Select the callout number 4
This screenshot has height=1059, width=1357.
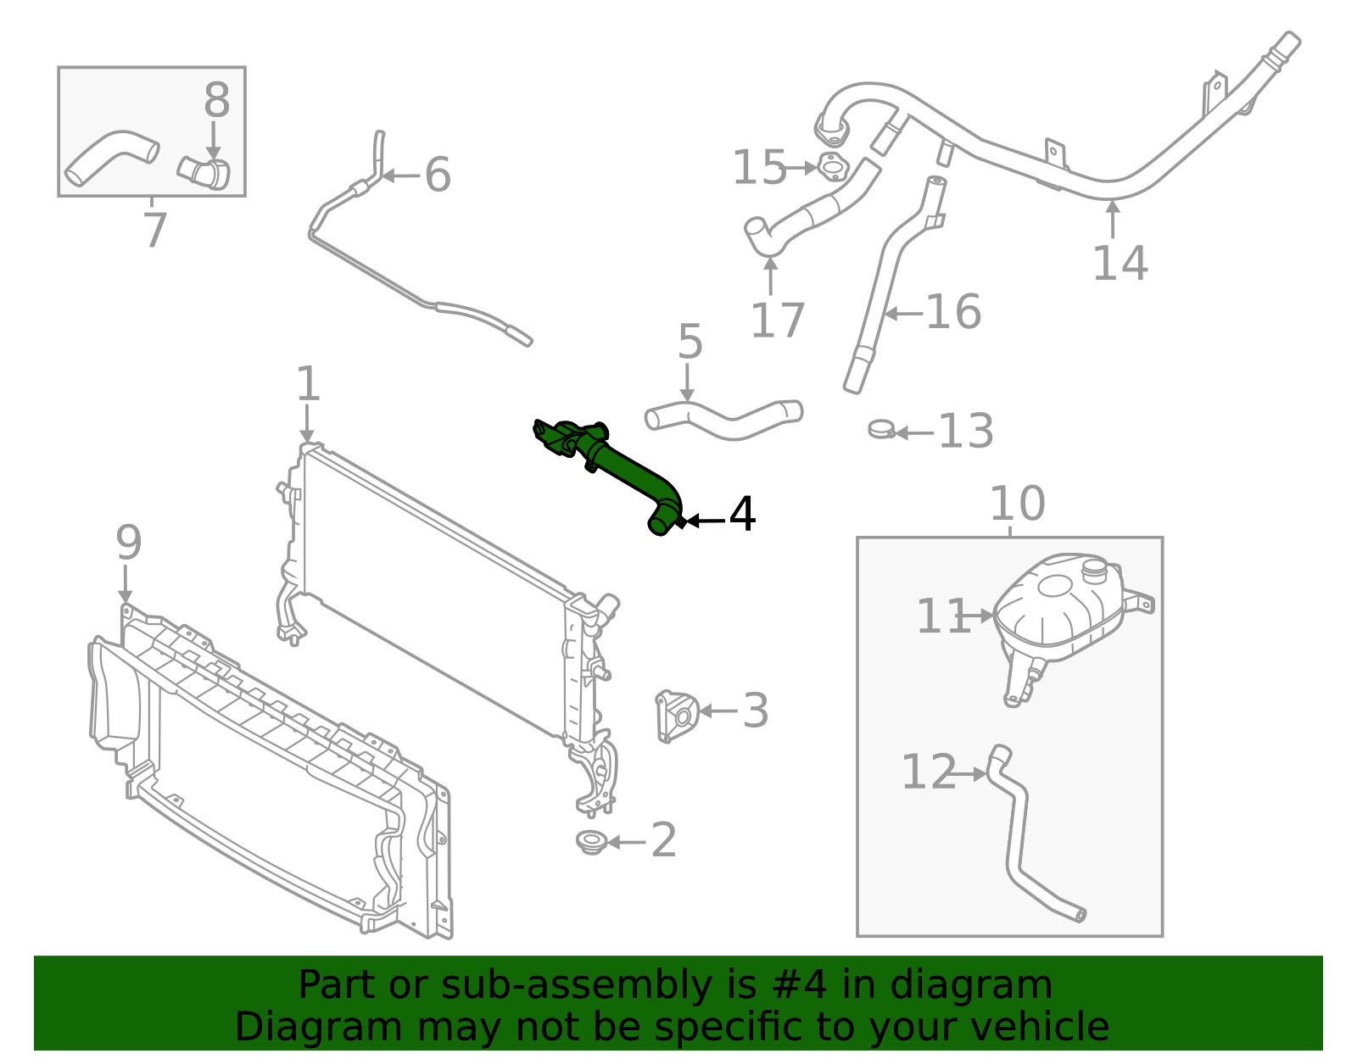742,515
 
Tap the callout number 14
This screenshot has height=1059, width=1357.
1120,263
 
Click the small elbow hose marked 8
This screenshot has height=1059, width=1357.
205,172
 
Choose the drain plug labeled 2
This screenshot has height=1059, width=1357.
590,842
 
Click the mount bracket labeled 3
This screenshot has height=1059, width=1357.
676,715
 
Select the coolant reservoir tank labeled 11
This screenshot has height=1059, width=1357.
1060,606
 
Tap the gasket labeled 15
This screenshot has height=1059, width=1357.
832,167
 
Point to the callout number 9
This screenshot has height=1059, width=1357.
129,543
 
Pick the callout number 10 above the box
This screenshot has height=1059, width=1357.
1017,504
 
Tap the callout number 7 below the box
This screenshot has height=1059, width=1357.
154,231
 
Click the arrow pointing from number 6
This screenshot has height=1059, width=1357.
399,176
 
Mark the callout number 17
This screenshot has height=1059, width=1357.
777,320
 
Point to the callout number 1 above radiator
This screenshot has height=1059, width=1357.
308,384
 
